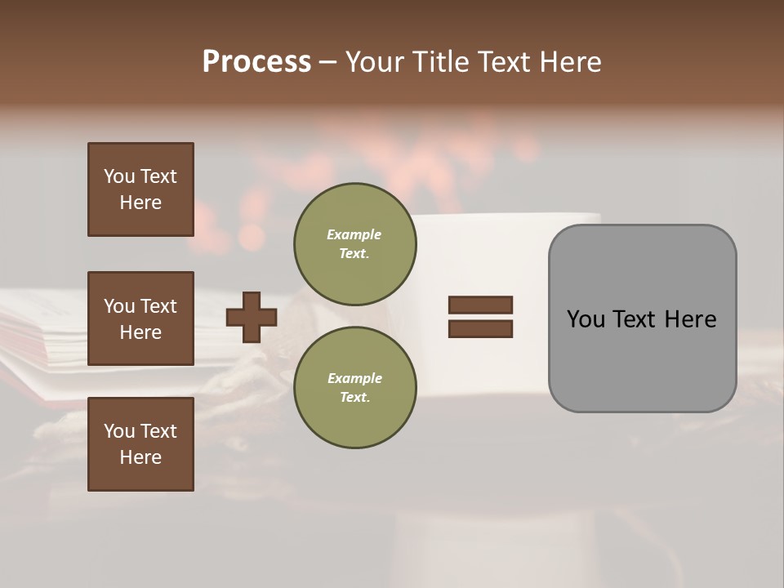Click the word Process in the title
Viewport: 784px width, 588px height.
(256, 61)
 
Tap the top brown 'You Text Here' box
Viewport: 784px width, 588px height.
(140, 189)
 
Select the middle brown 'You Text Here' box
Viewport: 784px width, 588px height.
(140, 318)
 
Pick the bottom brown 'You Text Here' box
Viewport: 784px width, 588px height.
(140, 444)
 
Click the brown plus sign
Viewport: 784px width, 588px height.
(251, 317)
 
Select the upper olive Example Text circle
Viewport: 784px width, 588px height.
(354, 244)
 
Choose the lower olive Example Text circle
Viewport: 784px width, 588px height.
(354, 388)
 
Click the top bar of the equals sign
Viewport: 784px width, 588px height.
(480, 305)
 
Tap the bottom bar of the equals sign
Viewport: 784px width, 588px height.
(480, 328)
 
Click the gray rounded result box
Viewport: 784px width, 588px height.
(642, 359)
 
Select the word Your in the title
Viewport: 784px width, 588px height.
(374, 62)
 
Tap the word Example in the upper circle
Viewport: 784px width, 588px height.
(354, 234)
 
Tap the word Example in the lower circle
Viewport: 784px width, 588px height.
(354, 378)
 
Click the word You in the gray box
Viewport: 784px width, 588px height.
(586, 318)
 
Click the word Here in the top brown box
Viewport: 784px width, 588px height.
(140, 203)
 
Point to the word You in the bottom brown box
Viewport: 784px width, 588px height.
(118, 431)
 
